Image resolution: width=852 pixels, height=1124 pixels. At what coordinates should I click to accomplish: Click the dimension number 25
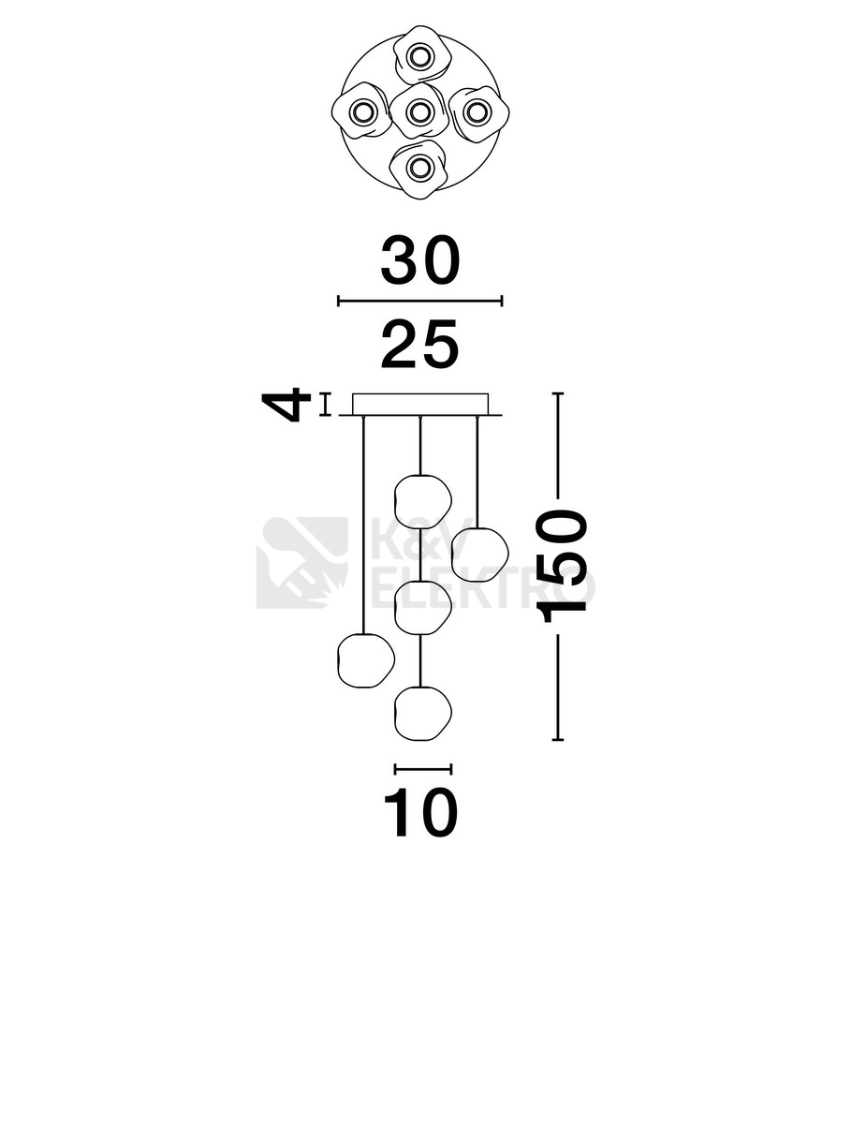(420, 344)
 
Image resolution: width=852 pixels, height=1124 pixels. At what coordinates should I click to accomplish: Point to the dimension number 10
(420, 813)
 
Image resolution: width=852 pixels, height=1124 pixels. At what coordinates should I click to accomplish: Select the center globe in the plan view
(419, 112)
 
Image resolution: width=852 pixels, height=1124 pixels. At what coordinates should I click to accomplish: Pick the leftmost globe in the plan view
(361, 112)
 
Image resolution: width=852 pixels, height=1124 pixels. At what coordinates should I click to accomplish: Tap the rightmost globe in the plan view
(477, 112)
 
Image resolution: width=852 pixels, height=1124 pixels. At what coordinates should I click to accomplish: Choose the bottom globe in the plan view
(419, 169)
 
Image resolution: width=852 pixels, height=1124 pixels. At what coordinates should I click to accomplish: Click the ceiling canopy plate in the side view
(420, 404)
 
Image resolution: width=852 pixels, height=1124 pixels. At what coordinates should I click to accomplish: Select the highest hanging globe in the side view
(422, 502)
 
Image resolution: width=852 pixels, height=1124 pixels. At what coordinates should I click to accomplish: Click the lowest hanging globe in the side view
(422, 714)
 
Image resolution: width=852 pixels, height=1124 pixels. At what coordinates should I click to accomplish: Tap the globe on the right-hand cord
(479, 555)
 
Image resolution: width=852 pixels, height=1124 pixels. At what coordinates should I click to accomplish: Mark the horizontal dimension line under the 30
(420, 301)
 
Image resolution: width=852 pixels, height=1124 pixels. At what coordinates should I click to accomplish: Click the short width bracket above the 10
(423, 769)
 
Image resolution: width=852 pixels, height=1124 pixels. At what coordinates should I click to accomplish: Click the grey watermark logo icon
(302, 562)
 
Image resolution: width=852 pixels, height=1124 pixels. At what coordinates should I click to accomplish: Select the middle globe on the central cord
(422, 607)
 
